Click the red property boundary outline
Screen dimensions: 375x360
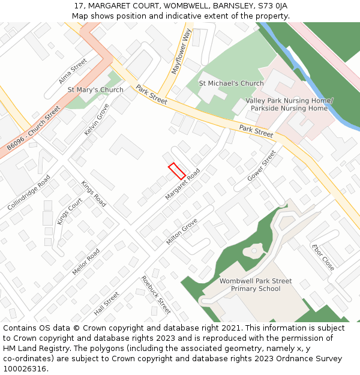[176, 171]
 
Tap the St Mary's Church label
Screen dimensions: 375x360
[95, 90]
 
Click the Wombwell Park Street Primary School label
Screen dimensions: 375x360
[256, 285]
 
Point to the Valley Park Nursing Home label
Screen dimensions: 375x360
[289, 101]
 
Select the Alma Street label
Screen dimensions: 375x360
[73, 71]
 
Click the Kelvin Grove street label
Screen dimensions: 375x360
[97, 119]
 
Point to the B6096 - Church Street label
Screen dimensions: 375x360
[34, 128]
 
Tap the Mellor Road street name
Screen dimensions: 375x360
[86, 262]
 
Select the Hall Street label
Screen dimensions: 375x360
[107, 304]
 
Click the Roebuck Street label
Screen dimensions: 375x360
[156, 295]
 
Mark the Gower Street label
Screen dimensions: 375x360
[262, 166]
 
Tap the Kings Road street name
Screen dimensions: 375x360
[94, 194]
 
